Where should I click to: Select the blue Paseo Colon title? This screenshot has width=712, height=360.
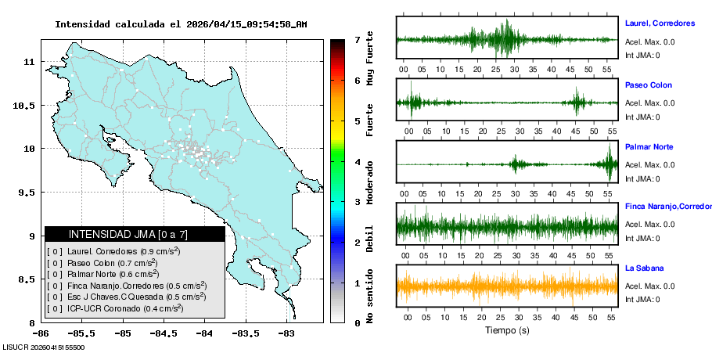coord(649,85)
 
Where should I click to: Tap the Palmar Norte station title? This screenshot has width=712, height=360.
coord(649,147)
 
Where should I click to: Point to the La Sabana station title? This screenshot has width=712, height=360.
coord(645,268)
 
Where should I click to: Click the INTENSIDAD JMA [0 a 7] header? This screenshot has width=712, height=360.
coord(135,234)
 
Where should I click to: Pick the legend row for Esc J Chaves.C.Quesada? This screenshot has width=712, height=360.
coord(127,297)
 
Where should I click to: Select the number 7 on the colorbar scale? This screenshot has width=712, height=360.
coord(356,39)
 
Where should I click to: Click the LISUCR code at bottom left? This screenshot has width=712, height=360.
coord(44,347)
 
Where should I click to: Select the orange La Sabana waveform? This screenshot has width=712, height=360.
coord(507,287)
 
